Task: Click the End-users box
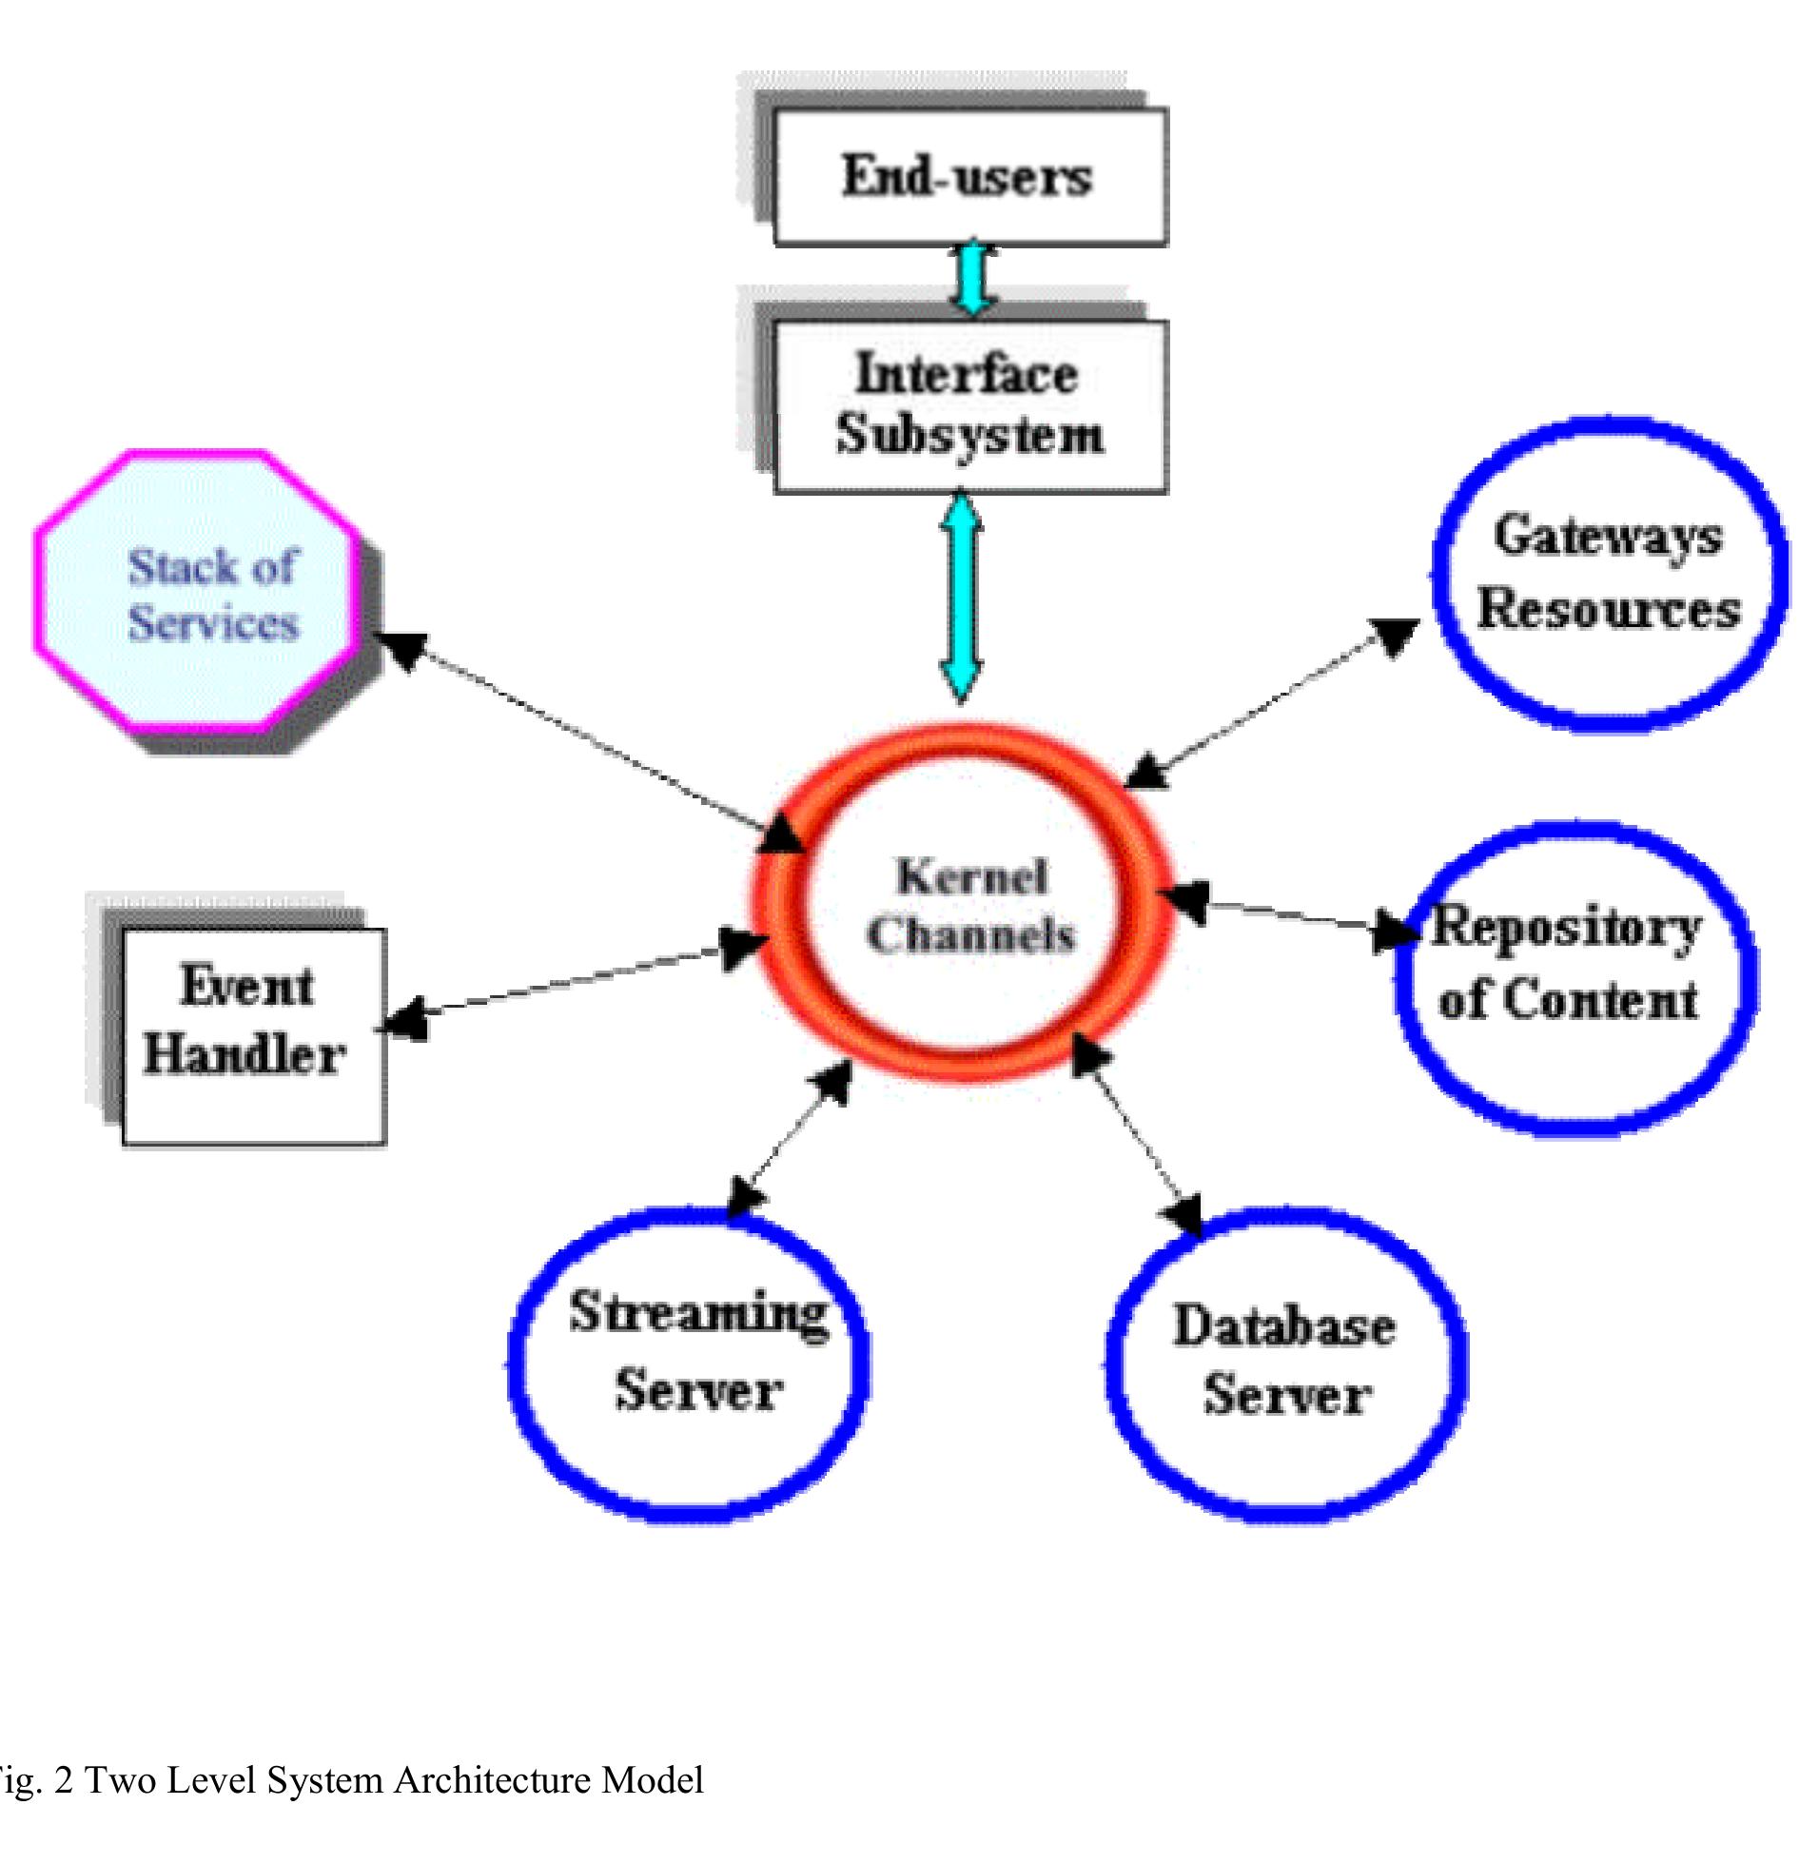968,177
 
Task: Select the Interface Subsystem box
968,405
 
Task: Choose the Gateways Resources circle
1609,574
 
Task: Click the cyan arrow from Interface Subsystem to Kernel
961,598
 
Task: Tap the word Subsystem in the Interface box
968,435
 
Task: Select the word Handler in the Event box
244,1056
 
